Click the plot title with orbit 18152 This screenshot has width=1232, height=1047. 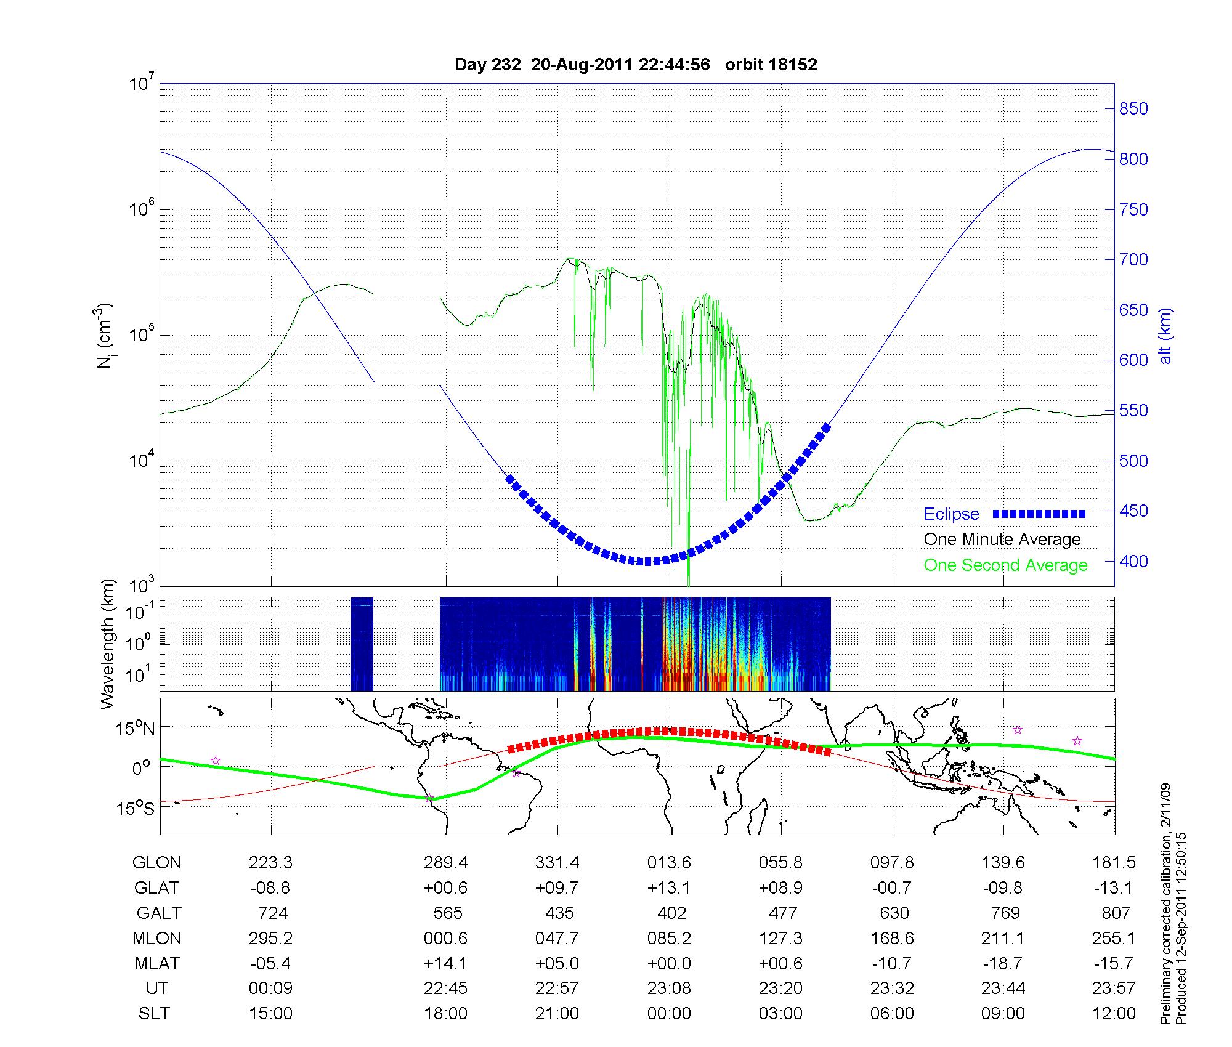636,65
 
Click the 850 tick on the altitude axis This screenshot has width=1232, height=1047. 1133,109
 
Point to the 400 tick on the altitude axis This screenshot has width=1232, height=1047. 1133,561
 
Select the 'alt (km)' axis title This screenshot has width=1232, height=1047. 1165,336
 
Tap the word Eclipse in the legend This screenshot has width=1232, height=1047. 951,514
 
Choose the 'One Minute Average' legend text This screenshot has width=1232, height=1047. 1002,540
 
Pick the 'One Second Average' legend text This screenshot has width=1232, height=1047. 1005,565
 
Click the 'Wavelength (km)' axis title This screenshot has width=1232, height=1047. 108,644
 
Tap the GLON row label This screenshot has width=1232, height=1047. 156,863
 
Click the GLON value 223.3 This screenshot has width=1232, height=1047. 270,863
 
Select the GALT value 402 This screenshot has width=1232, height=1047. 671,913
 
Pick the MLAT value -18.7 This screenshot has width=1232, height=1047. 1003,963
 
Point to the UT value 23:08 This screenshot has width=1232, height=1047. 669,988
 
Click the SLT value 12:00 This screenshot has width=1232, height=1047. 1114,1014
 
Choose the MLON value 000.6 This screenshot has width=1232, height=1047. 445,938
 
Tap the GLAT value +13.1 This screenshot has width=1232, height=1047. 669,888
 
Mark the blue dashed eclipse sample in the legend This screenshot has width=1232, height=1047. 1039,514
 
